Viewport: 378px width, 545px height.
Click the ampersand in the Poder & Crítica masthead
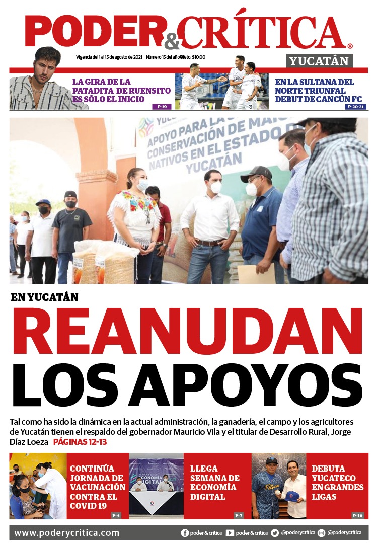click(x=171, y=41)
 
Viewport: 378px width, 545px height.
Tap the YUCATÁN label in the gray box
click(x=320, y=61)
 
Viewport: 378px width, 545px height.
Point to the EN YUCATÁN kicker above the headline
click(x=44, y=297)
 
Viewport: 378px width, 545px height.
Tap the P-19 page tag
click(x=162, y=107)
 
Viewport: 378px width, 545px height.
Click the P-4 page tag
click(x=116, y=515)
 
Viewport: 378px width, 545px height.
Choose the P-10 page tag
click(x=357, y=515)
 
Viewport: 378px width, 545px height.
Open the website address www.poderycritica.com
click(x=66, y=533)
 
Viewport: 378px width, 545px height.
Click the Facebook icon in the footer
click(x=185, y=533)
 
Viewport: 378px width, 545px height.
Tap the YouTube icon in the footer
click(x=230, y=533)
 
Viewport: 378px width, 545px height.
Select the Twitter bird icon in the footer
click(x=274, y=533)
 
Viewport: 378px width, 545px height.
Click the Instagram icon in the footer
click(x=321, y=533)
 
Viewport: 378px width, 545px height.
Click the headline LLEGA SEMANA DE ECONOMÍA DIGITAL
click(x=215, y=483)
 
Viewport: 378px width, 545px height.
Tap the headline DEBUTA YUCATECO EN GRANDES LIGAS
click(x=337, y=483)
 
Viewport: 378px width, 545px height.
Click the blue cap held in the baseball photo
click(x=292, y=496)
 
